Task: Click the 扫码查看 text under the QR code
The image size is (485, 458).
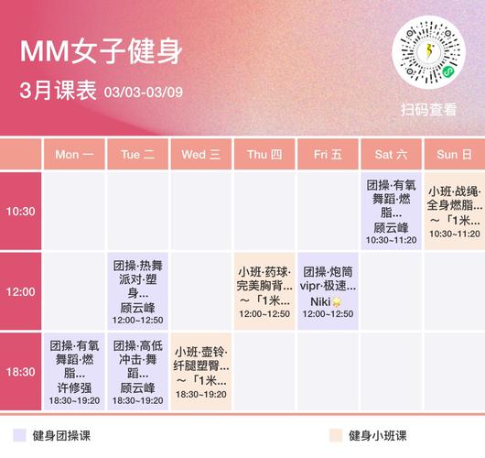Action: click(x=428, y=109)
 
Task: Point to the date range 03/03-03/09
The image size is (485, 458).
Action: click(x=144, y=92)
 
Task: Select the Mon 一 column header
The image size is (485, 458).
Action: click(x=75, y=155)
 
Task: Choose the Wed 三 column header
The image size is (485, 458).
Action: click(x=201, y=155)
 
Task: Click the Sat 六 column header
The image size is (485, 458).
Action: click(x=391, y=155)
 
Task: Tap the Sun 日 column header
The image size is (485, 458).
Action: click(x=454, y=155)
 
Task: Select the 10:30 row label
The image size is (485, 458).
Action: click(x=21, y=211)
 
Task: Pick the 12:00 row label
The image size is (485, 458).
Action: click(x=21, y=291)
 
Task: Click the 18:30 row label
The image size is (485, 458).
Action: click(x=21, y=372)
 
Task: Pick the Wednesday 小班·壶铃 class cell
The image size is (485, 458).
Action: click(x=201, y=372)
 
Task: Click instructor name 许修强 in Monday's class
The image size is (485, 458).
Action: click(x=75, y=387)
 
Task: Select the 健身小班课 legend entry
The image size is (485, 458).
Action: click(x=373, y=436)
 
